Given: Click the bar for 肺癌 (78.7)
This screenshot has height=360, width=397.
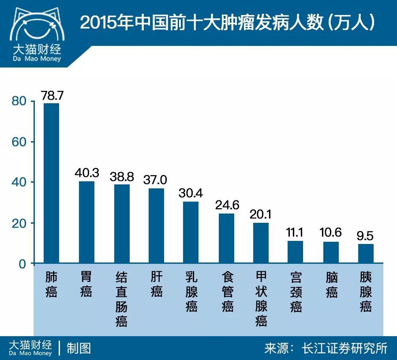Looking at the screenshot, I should (51, 183).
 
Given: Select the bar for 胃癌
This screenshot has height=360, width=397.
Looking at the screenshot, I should (86, 222).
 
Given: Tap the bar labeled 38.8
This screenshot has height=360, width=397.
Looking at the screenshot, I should (122, 224).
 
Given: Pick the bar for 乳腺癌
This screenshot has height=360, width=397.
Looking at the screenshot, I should (191, 232).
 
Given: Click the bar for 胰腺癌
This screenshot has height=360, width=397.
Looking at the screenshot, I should (366, 254).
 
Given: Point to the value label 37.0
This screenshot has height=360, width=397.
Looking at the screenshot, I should (155, 180).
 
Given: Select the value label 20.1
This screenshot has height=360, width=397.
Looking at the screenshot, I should (261, 214).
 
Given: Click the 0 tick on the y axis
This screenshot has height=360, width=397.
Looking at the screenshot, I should (23, 264).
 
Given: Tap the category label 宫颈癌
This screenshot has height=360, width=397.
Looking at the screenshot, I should (296, 292).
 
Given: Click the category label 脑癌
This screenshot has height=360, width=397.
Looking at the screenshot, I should (331, 285).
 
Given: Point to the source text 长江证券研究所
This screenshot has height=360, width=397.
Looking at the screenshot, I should (344, 348).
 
